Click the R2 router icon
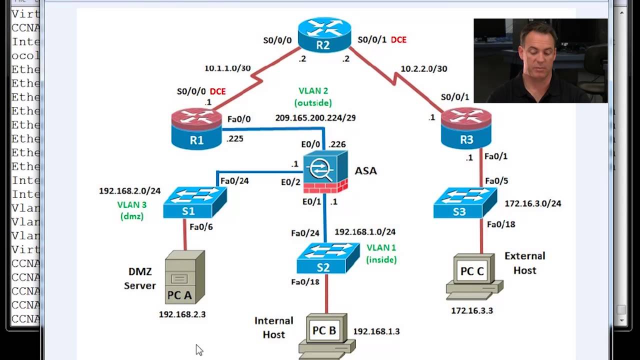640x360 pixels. [x=323, y=35]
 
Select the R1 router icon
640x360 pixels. [x=196, y=128]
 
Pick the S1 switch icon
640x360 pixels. [x=194, y=202]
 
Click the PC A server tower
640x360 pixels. [x=184, y=277]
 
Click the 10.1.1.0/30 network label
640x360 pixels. [x=227, y=68]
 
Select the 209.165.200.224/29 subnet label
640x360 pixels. [x=315, y=118]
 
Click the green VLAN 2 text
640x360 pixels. [x=313, y=91]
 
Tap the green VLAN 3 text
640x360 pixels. [x=132, y=204]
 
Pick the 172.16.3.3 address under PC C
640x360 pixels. [x=472, y=310]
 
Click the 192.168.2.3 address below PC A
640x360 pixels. [x=182, y=314]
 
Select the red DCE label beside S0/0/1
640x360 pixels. [x=398, y=39]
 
